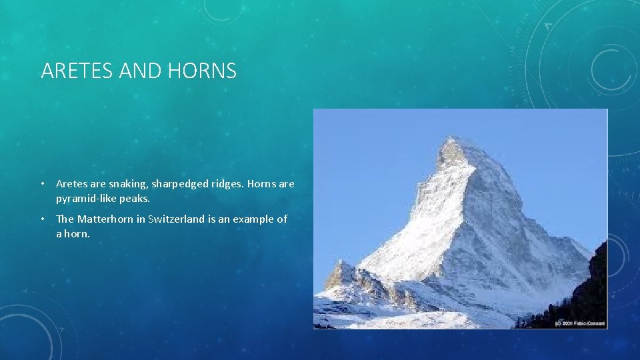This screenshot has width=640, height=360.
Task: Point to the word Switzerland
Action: tap(179, 219)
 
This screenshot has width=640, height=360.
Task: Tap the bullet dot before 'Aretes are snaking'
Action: tap(41, 184)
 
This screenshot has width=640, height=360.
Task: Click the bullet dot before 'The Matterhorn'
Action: tap(41, 219)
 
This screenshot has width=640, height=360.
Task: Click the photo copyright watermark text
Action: tap(579, 323)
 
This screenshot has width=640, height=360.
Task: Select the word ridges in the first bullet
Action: tap(225, 184)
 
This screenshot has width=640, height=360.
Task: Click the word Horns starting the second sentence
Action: tap(262, 184)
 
